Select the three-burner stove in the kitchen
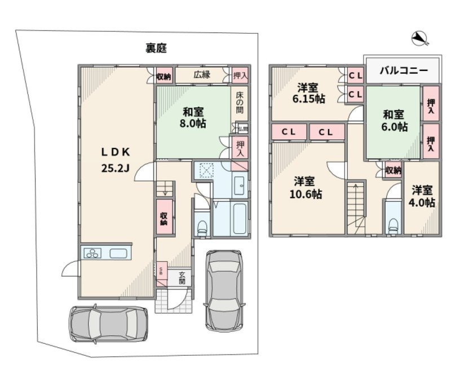91,254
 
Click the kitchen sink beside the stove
118,254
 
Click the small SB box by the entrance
161,270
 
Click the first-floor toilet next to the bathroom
202,226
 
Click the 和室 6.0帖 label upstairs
393,121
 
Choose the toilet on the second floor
393,224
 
